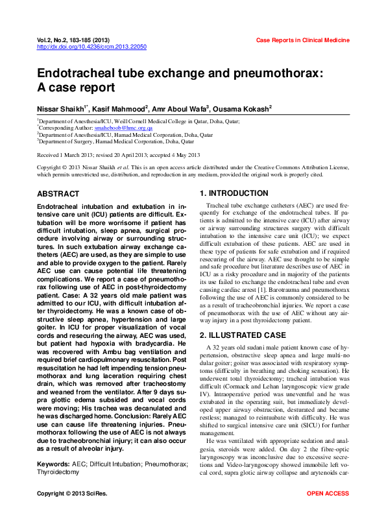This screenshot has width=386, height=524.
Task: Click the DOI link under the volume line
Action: pos(91,47)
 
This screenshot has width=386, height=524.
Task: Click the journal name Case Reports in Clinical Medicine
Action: pos(303,40)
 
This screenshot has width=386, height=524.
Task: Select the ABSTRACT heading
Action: pos(58,194)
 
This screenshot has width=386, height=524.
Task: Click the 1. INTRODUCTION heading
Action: pos(234,193)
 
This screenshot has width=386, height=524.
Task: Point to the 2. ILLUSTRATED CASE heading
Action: pos(243,335)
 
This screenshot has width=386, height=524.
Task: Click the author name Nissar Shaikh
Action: pos(62,108)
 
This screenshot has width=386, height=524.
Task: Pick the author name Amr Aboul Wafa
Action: pos(181,108)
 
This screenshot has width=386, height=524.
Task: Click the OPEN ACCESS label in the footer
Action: pos(328,512)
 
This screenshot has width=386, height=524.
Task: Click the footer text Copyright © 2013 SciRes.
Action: pos(72,512)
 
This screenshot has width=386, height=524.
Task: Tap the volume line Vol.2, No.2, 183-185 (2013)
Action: pos(78,40)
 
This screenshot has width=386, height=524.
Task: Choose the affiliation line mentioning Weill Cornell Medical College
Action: pos(139,121)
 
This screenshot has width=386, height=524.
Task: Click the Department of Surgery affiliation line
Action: pos(116,141)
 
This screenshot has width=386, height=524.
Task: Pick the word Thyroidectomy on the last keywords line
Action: pos(58,472)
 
